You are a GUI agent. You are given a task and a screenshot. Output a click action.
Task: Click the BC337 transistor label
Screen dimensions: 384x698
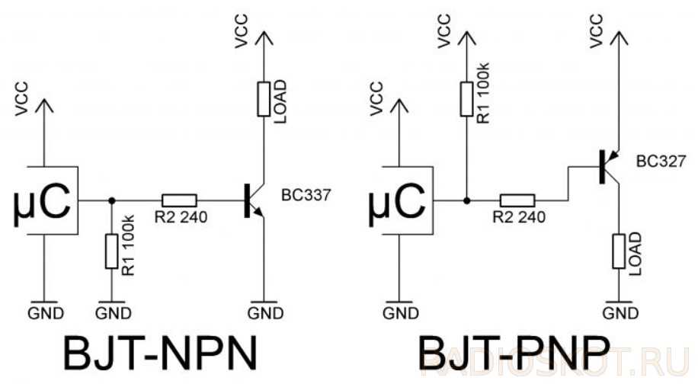click(x=306, y=195)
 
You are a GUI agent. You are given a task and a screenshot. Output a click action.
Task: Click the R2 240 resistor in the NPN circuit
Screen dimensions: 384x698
click(x=180, y=200)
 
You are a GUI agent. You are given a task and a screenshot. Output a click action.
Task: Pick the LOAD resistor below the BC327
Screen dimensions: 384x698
click(x=618, y=251)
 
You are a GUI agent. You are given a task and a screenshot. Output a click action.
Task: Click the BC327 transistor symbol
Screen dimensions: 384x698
click(x=607, y=165)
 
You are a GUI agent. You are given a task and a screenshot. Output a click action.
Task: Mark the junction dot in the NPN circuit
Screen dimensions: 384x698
click(x=112, y=200)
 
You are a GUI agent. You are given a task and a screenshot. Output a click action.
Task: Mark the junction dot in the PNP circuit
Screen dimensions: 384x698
click(x=466, y=200)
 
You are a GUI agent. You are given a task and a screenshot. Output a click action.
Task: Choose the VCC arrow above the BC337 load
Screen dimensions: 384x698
click(x=264, y=38)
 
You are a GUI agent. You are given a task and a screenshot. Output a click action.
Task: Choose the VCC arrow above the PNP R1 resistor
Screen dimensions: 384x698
click(x=466, y=38)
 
